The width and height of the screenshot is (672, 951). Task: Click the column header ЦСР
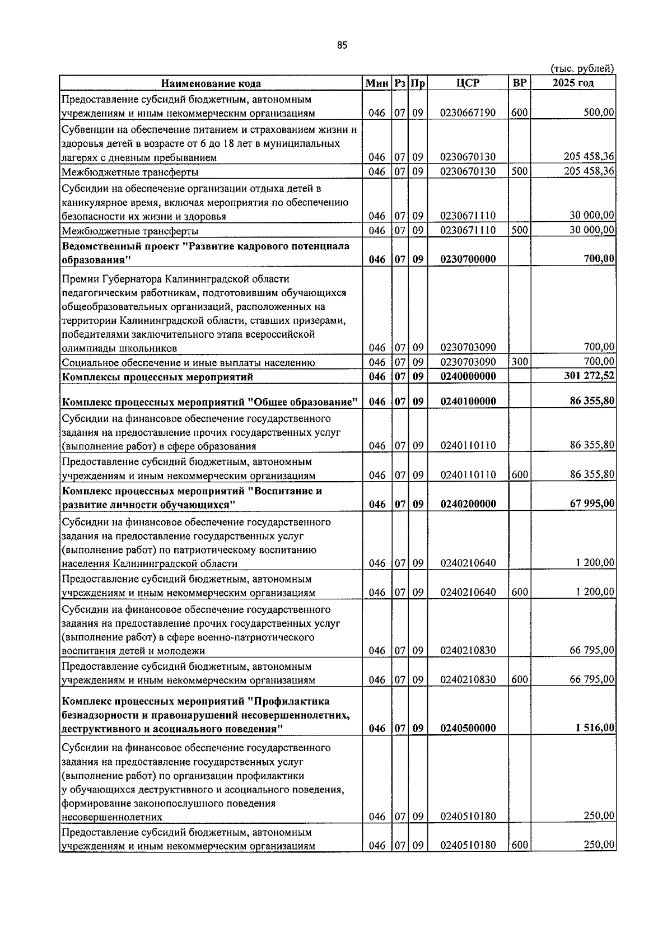click(x=468, y=83)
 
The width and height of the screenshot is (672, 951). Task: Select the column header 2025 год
click(x=572, y=83)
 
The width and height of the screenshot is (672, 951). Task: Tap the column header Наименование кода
click(x=211, y=83)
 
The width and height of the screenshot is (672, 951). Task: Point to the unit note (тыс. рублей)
click(x=583, y=68)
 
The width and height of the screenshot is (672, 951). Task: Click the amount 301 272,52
click(x=589, y=376)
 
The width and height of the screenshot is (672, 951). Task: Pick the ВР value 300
click(x=519, y=362)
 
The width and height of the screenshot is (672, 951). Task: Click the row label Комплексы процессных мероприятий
click(x=157, y=376)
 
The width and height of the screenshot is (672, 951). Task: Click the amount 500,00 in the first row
click(x=599, y=113)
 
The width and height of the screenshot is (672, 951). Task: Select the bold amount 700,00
click(x=599, y=259)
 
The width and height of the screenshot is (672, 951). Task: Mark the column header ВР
click(x=519, y=83)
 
